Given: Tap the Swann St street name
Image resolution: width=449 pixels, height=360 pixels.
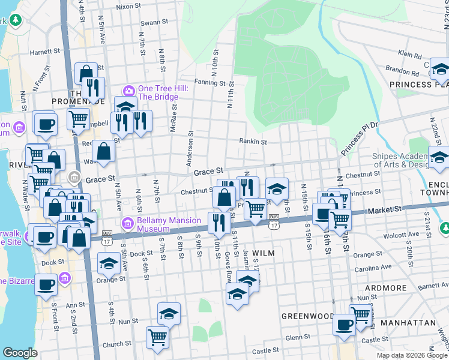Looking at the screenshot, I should click(x=154, y=22).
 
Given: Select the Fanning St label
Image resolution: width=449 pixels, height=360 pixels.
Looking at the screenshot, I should click(x=209, y=83).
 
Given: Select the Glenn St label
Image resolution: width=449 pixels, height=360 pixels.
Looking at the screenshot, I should click(x=297, y=338).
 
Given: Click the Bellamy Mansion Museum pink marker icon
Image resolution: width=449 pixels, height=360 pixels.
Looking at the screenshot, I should click(x=127, y=224).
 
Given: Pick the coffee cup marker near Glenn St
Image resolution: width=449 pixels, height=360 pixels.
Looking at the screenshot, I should click(x=345, y=325).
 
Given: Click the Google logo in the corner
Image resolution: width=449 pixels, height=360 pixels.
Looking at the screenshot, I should click(x=20, y=353).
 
